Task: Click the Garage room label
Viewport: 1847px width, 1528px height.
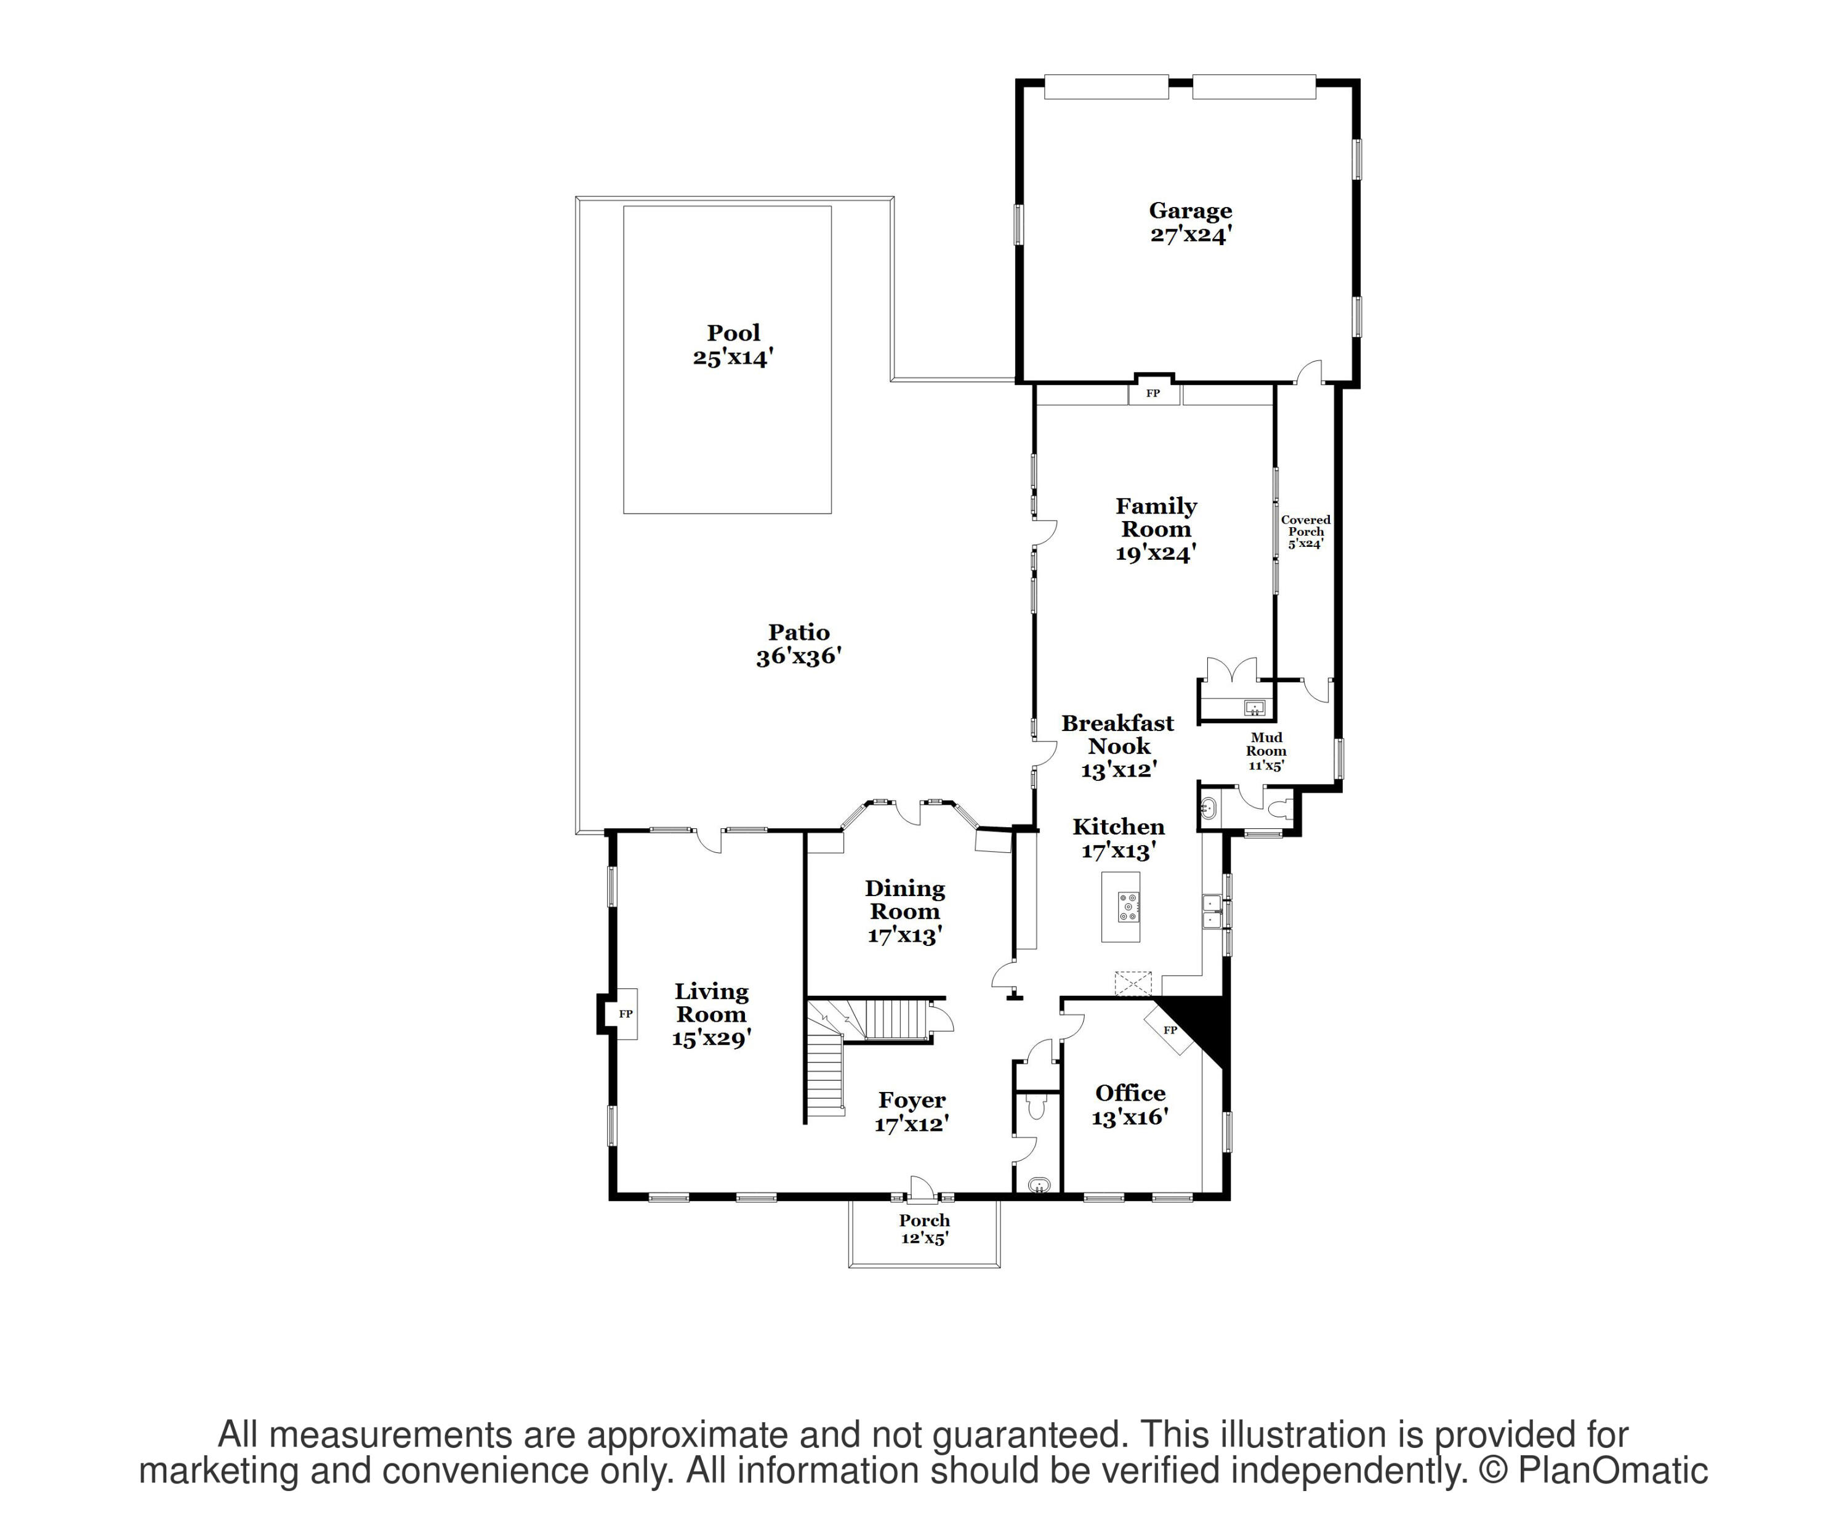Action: (1190, 211)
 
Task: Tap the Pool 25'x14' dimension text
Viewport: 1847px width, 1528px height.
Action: (733, 358)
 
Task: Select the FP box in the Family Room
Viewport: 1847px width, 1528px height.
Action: (1152, 393)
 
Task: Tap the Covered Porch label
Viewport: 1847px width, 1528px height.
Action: (1305, 526)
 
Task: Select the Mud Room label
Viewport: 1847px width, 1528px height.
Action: (1266, 744)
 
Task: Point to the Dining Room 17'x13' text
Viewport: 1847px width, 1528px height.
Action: (905, 935)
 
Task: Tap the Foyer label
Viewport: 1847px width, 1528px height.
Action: (912, 1101)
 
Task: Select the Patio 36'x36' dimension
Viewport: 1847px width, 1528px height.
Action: (799, 657)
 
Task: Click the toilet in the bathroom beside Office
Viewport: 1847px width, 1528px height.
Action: (1036, 1107)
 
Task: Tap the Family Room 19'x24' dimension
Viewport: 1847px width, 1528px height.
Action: (1156, 553)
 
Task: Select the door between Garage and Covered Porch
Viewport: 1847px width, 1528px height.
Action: (1310, 373)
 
